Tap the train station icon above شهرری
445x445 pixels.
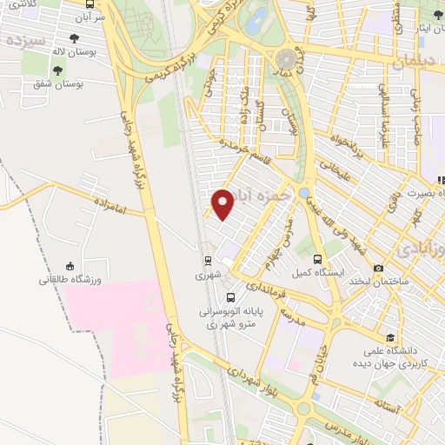[x=208, y=260]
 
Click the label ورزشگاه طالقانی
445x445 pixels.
[x=70, y=281]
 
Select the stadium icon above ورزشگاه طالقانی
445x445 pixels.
[x=70, y=266]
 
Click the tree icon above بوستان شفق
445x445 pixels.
[x=57, y=70]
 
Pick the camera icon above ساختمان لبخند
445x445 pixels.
[x=377, y=269]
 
